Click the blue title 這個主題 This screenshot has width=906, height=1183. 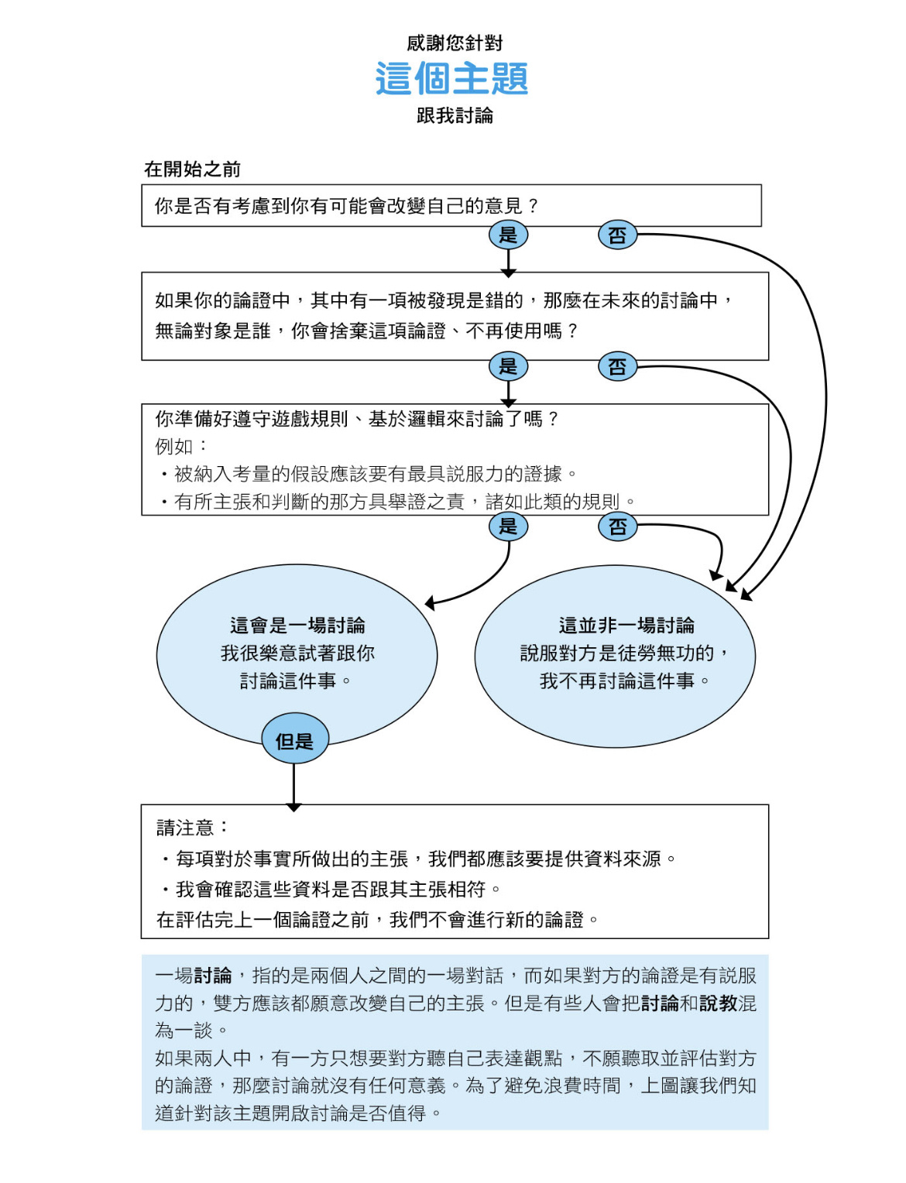451,78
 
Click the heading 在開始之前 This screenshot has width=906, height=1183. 192,170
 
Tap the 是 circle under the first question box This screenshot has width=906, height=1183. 508,235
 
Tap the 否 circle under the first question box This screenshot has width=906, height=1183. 617,235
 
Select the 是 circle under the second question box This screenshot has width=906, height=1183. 508,366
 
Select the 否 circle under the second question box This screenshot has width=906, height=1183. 617,366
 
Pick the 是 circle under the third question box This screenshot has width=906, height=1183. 508,526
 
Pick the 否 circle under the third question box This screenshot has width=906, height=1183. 617,526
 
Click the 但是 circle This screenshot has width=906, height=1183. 294,739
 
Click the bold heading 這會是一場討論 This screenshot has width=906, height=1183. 297,625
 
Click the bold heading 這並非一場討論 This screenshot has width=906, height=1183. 626,625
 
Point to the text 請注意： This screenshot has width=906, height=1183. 193,828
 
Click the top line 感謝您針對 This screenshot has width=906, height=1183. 454,43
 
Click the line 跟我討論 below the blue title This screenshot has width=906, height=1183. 455,115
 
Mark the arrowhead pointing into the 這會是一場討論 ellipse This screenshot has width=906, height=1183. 430,602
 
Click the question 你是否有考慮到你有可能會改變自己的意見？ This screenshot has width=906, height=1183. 347,206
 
